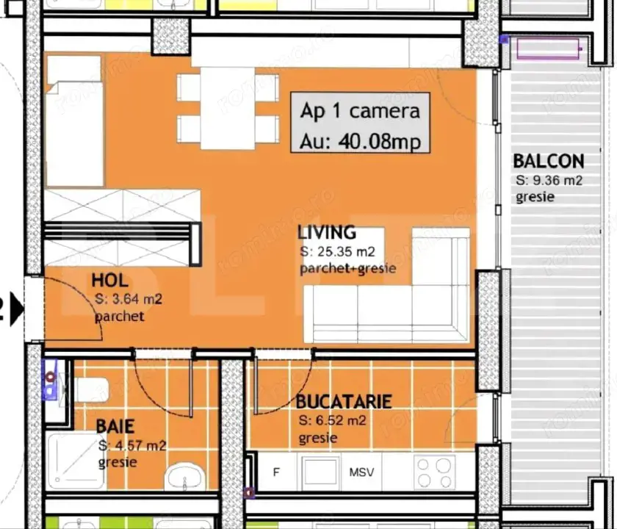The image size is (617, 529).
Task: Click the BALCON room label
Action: [548, 161]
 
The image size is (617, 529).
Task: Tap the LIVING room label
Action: [326, 233]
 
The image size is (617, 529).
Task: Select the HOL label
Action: [110, 280]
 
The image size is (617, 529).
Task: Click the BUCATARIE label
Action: [343, 402]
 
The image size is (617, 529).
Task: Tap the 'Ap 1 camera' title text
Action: [360, 111]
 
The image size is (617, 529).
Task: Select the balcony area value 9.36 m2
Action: [549, 180]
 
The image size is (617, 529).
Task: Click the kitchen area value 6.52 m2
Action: [333, 421]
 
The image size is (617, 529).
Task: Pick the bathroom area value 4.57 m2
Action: [132, 446]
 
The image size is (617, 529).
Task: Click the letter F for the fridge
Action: [276, 472]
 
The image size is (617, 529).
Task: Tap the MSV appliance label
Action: [361, 472]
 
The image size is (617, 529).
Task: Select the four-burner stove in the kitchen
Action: [434, 472]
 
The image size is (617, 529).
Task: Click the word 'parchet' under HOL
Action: [119, 317]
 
